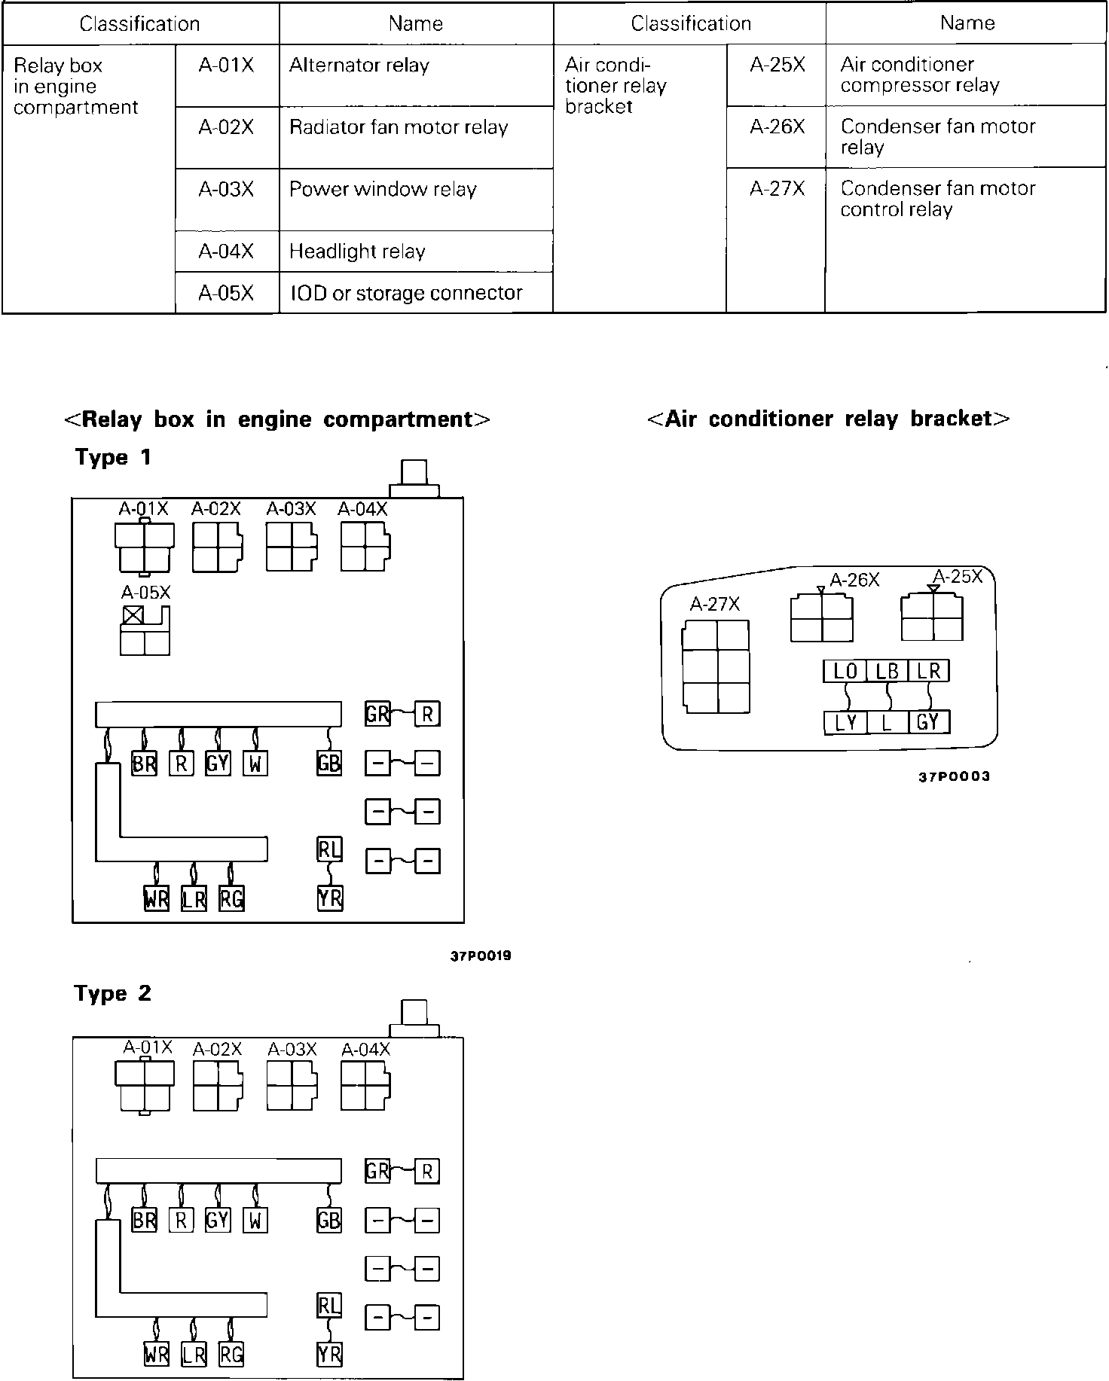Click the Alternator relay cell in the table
416,75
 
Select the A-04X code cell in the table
227,251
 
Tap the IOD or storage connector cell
416,292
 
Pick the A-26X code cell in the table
776,136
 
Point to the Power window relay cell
416,200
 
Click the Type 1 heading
113,457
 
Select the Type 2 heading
113,993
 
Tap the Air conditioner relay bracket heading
829,419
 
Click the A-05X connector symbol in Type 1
145,632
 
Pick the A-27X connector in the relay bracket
716,666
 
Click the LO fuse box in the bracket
845,671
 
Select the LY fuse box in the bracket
845,723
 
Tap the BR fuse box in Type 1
144,764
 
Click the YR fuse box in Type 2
330,1355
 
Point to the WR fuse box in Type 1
157,898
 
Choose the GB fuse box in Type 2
329,1221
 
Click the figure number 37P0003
954,776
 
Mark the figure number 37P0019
481,956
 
